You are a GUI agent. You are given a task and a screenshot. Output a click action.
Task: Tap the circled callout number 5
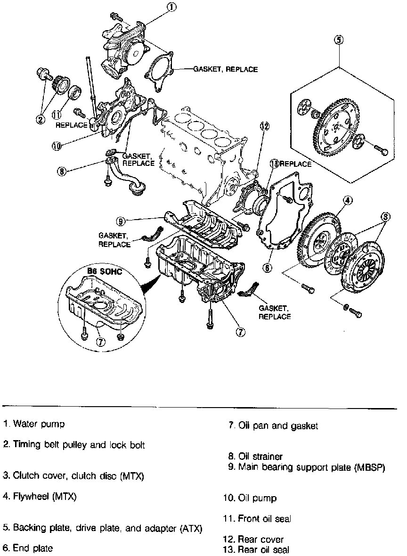click(x=339, y=40)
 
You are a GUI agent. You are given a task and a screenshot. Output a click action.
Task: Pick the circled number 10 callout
click(x=57, y=146)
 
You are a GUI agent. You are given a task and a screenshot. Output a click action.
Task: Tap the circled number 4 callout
click(x=347, y=201)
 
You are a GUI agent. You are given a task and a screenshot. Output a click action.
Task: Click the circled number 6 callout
click(x=267, y=267)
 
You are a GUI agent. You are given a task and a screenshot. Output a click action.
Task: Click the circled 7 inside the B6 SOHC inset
click(x=100, y=343)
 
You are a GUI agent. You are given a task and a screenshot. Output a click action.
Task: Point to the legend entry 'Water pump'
click(x=34, y=424)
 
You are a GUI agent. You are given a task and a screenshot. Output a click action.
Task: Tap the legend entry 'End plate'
click(x=28, y=548)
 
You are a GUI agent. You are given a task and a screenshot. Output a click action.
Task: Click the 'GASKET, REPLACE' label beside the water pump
click(x=225, y=69)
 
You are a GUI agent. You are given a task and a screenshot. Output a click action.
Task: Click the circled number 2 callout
click(x=41, y=119)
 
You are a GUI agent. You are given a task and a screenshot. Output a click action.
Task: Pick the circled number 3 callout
click(x=386, y=217)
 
